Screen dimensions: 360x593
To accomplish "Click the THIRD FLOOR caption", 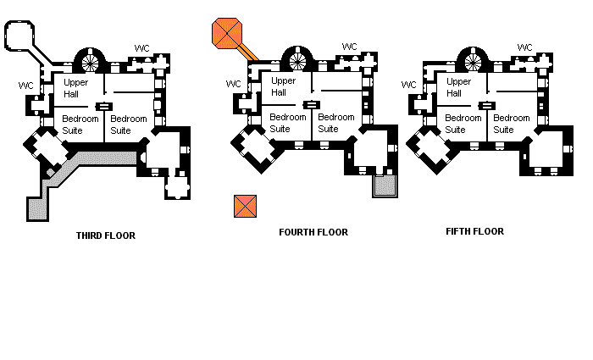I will point(105,235).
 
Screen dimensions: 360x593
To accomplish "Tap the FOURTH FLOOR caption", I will point(313,232).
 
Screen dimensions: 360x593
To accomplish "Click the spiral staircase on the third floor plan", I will point(91,60).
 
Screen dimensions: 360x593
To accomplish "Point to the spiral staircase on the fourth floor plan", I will point(298,59).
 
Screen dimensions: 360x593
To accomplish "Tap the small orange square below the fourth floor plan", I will point(244,205).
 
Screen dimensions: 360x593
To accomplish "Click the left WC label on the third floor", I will point(26,86).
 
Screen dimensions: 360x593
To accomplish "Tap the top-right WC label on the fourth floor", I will point(350,47).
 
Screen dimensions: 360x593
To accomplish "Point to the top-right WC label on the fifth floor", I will point(524,47).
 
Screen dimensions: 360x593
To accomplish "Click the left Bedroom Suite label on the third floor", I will point(79,125).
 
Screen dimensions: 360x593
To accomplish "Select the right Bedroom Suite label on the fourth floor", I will point(335,123).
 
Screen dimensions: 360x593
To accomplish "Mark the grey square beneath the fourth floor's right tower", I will point(385,186).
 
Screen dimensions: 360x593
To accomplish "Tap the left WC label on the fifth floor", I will point(409,85).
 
